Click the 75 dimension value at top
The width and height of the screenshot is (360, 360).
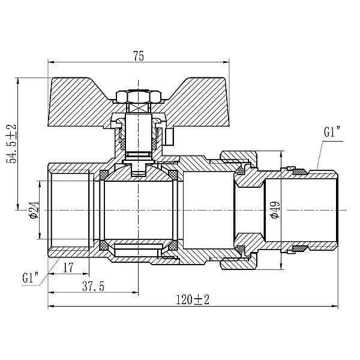139,56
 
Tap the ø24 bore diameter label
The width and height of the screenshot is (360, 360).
34,210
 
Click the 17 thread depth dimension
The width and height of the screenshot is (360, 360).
68,268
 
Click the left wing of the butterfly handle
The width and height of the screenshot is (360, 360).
78,102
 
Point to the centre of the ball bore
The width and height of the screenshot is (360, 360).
139,210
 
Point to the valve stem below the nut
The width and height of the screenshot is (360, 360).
139,132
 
